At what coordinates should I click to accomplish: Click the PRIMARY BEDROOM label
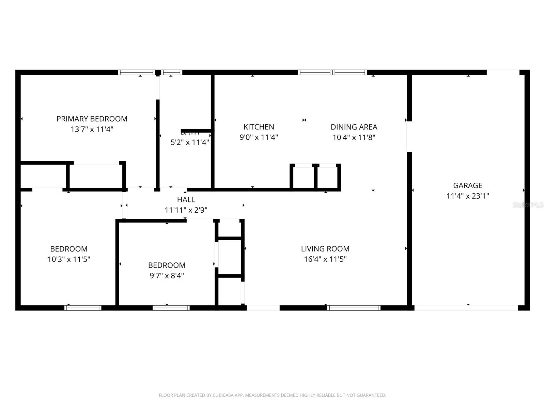pos(92,119)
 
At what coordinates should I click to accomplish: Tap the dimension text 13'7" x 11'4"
pos(92,129)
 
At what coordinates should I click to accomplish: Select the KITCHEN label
pos(259,127)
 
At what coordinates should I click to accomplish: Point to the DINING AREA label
pos(354,127)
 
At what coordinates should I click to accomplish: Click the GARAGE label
pos(468,185)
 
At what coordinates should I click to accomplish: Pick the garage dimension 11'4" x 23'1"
pos(468,196)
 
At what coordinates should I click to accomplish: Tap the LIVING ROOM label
pos(325,249)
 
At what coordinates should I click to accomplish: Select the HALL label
pos(186,199)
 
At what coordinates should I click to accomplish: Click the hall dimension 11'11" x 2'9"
pos(186,210)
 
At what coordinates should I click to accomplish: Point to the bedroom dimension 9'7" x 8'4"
pos(167,275)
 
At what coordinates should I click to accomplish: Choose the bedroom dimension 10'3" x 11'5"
pos(69,259)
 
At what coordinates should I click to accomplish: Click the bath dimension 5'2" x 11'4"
pos(190,142)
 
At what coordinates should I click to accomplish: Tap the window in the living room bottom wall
pos(354,308)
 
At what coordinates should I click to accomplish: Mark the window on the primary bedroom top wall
pos(137,72)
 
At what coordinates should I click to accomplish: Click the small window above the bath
pos(171,72)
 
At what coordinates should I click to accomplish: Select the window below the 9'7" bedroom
pos(171,308)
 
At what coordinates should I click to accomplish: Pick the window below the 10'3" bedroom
pos(83,308)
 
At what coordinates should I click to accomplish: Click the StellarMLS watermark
pos(528,205)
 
